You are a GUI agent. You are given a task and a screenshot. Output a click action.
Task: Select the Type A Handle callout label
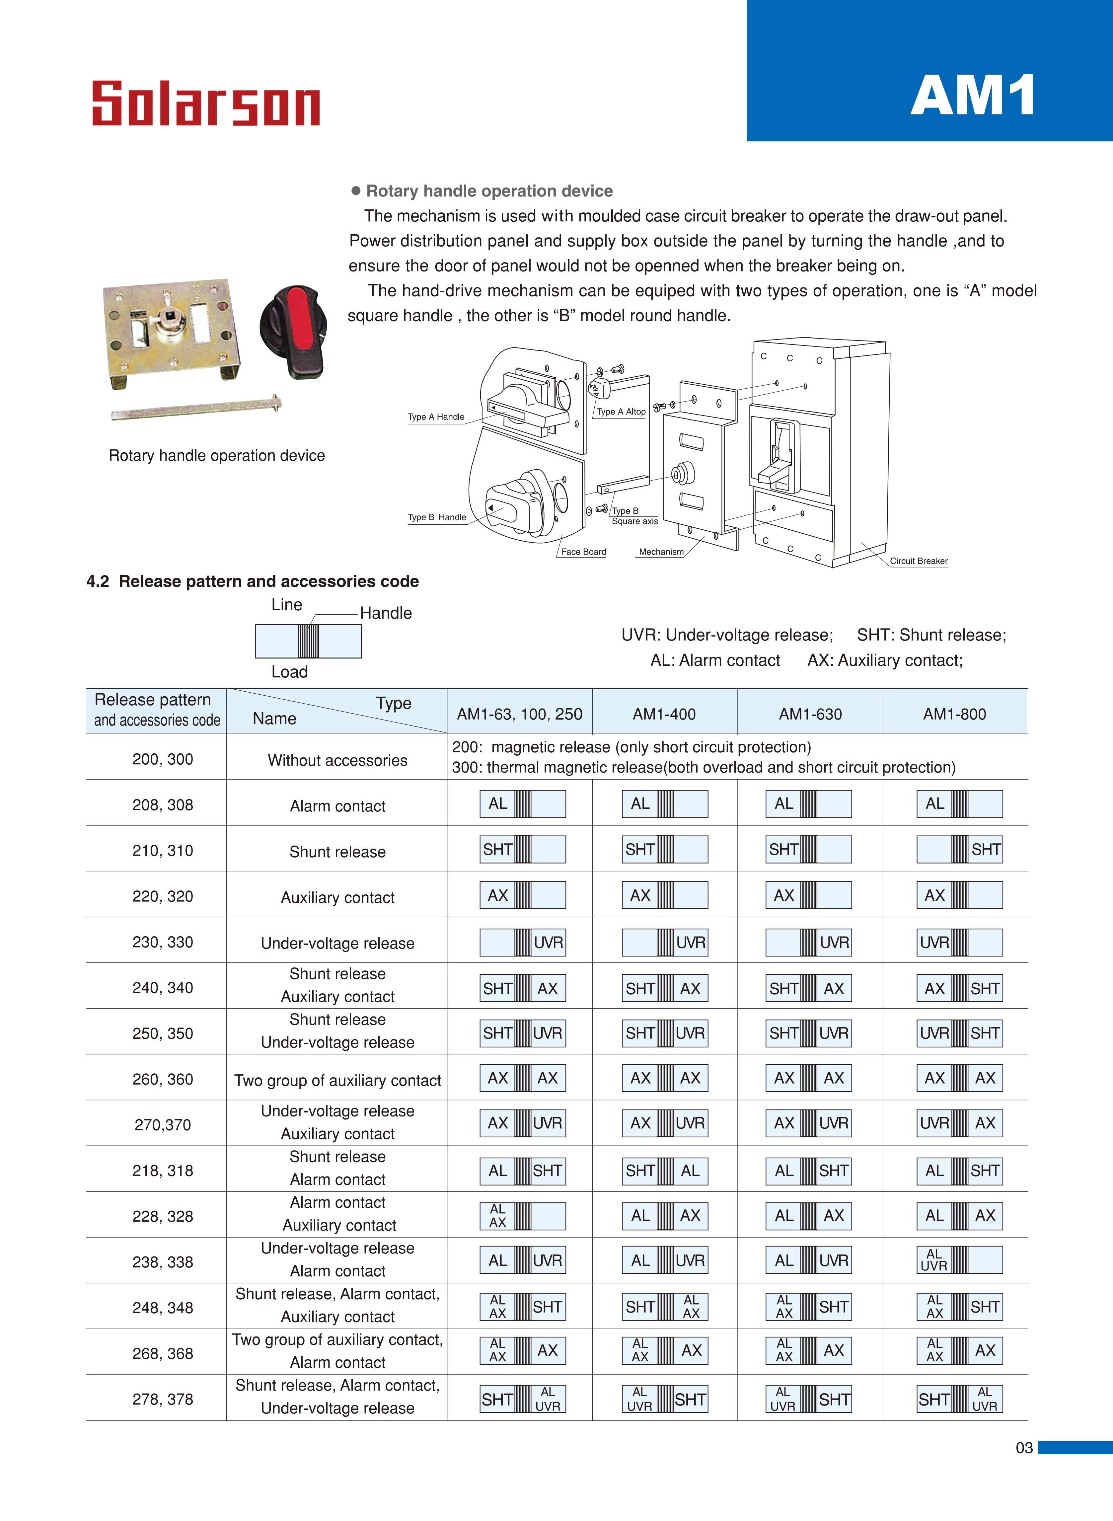tap(436, 417)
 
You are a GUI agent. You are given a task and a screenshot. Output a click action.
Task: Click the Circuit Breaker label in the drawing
tap(918, 561)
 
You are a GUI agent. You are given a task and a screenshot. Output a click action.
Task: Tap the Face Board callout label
tap(583, 552)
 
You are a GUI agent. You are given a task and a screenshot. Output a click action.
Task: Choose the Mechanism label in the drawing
tap(661, 552)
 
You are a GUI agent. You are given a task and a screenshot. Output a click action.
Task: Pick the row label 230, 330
tap(162, 942)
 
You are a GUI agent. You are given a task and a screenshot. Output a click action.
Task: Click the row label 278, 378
tap(162, 1399)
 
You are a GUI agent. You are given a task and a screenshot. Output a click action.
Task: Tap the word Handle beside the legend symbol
tap(385, 613)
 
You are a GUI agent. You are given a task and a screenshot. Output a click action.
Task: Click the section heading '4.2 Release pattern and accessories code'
tap(253, 581)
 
